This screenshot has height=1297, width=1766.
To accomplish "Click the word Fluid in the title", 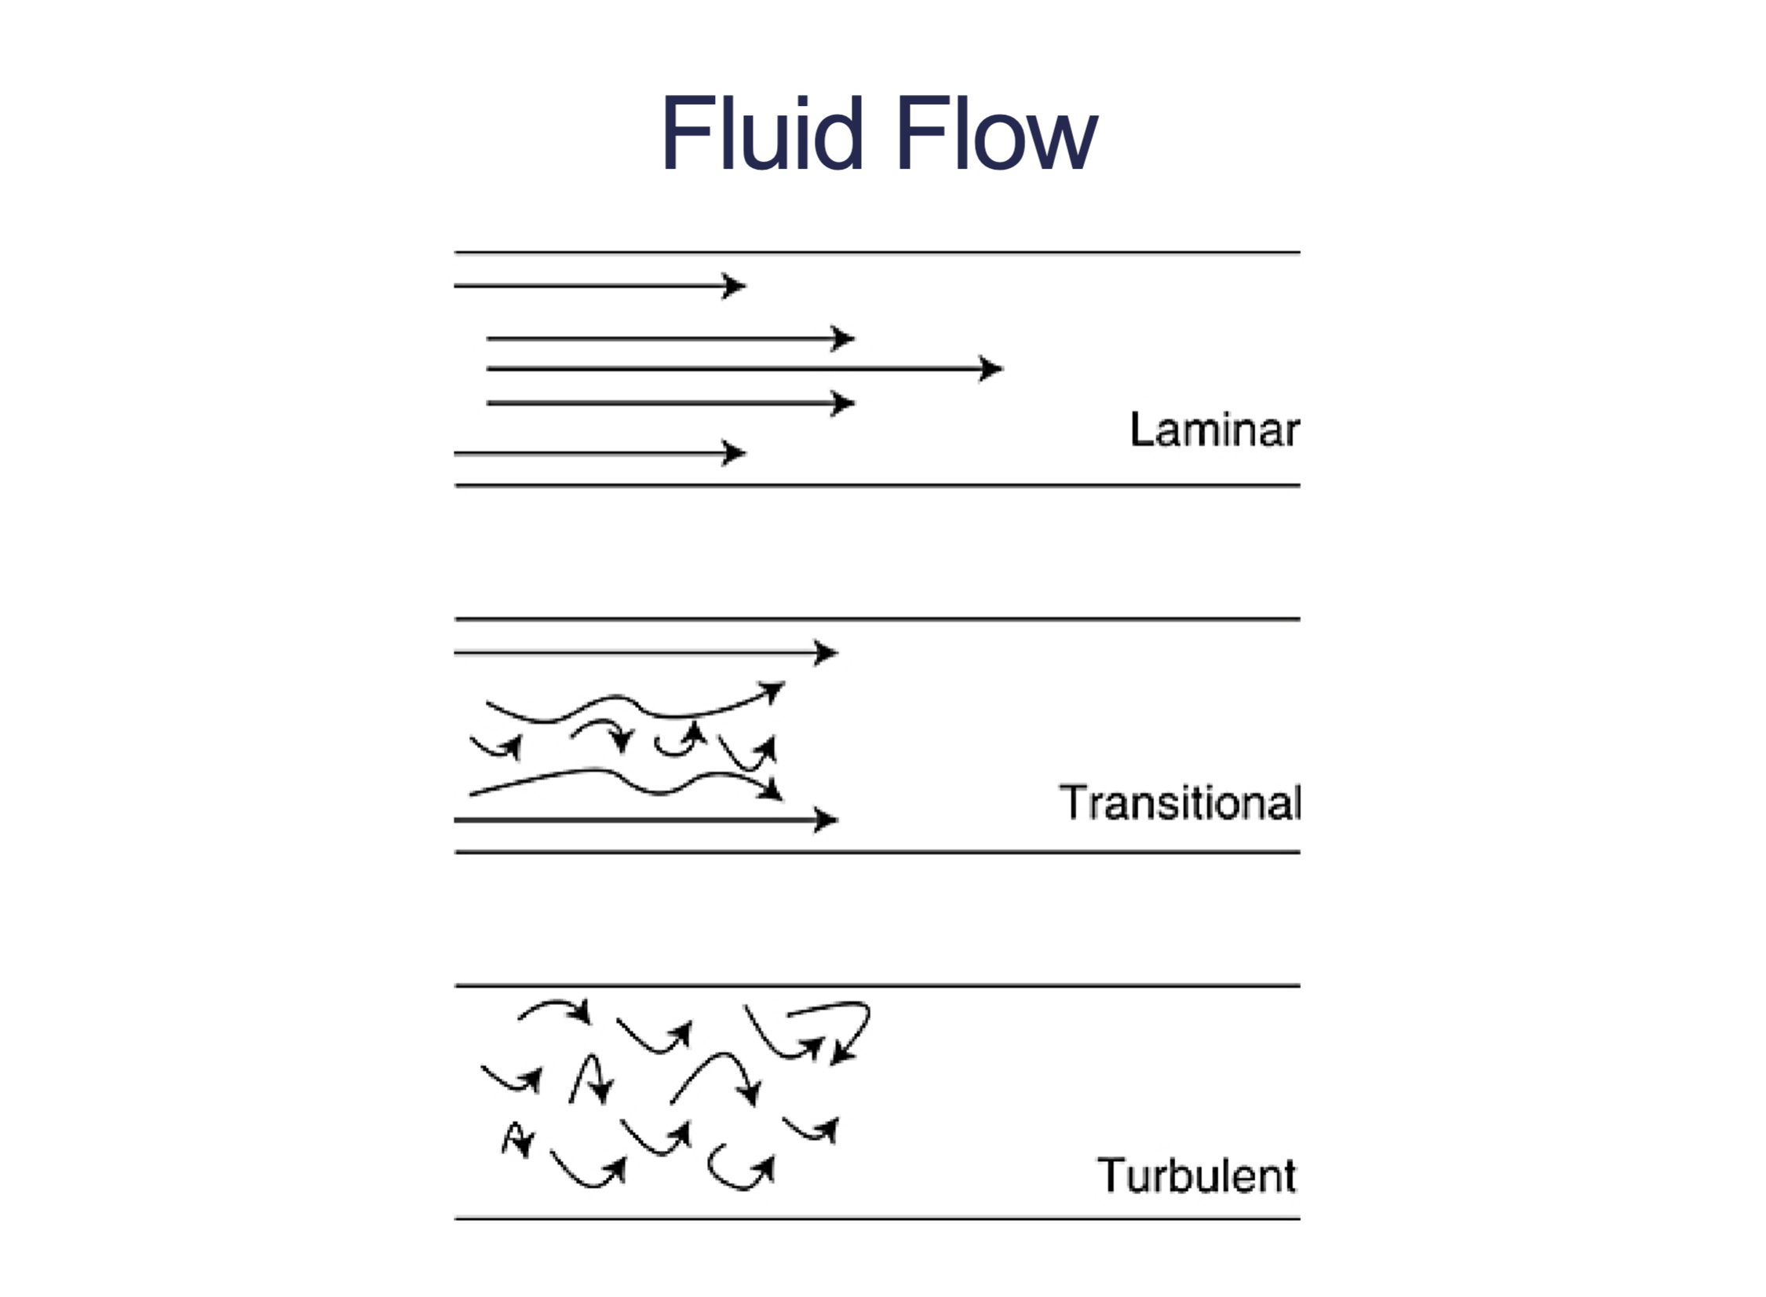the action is coord(762,132).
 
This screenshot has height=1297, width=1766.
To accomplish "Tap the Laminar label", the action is coord(1214,429).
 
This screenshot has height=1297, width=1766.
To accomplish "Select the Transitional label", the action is coord(1180,802).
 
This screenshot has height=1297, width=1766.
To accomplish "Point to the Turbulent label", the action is coord(1196,1175).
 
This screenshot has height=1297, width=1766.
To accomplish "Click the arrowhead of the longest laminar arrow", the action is coord(991,368).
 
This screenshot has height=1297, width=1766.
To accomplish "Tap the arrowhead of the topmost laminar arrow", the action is coord(734,286).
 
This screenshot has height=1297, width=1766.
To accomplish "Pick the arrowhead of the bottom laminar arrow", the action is coord(734,453).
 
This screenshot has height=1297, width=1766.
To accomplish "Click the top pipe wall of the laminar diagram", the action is coord(878,253).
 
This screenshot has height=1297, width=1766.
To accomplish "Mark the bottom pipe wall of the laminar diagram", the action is coord(878,486).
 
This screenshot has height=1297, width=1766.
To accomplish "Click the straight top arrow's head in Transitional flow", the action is coord(826,652).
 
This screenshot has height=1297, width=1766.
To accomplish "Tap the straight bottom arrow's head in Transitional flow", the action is coord(826,820).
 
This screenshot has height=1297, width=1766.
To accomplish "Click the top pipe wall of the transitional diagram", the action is coord(878,619).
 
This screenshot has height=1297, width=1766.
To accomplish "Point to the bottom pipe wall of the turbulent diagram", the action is coord(878,1218).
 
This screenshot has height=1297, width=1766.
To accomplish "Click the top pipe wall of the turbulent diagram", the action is coord(878,985).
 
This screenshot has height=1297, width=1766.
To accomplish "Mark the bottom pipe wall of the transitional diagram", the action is coord(878,852).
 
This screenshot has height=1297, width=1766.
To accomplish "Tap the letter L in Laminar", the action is coord(1142,429).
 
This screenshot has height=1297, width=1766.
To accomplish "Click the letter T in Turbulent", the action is coord(1112,1175).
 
